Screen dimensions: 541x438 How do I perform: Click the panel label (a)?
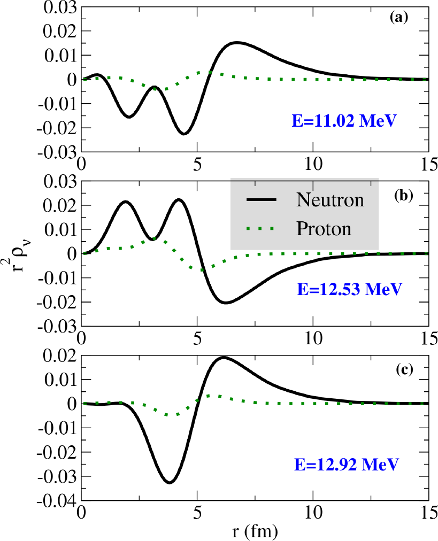(x=399, y=18)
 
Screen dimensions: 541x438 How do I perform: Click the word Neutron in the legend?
(x=330, y=200)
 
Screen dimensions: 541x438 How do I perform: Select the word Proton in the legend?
(x=324, y=229)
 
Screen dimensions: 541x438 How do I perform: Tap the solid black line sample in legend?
(x=262, y=200)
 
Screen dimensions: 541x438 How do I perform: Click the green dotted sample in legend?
(x=262, y=229)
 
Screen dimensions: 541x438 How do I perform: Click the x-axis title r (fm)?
(x=255, y=532)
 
